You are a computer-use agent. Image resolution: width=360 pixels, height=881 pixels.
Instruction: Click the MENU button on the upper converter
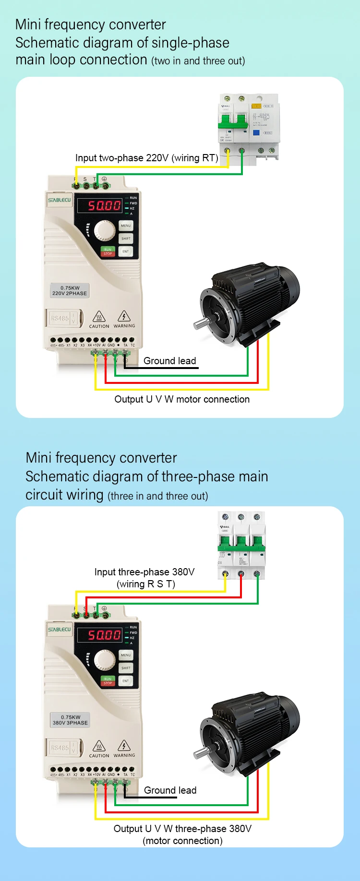(126, 226)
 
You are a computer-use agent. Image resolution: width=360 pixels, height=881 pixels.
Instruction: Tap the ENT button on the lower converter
(126, 680)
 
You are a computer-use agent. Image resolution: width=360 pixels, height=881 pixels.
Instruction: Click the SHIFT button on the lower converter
(126, 667)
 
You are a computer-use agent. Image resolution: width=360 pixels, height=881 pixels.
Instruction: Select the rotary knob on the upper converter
(104, 230)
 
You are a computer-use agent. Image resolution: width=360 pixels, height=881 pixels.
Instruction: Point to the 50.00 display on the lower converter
(104, 635)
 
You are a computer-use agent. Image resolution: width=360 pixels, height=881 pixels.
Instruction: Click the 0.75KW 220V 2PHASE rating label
(70, 291)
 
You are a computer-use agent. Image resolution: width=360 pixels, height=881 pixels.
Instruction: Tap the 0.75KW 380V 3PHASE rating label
(70, 720)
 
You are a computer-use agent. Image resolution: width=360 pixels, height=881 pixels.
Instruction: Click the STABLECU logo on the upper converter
(60, 200)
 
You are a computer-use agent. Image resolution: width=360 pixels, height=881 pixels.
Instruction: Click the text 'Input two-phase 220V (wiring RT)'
(146, 158)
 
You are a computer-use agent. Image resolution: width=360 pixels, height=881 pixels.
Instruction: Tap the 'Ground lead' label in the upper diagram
(170, 361)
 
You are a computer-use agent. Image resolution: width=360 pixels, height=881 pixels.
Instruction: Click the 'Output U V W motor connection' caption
(182, 399)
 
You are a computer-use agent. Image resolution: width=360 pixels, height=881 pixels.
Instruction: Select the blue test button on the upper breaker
(256, 132)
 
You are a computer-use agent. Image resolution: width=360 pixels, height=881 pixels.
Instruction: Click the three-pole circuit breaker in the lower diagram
(241, 545)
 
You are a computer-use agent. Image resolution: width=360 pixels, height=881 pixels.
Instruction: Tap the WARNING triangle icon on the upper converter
(124, 316)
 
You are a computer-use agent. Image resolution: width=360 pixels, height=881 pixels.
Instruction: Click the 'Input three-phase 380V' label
(144, 572)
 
